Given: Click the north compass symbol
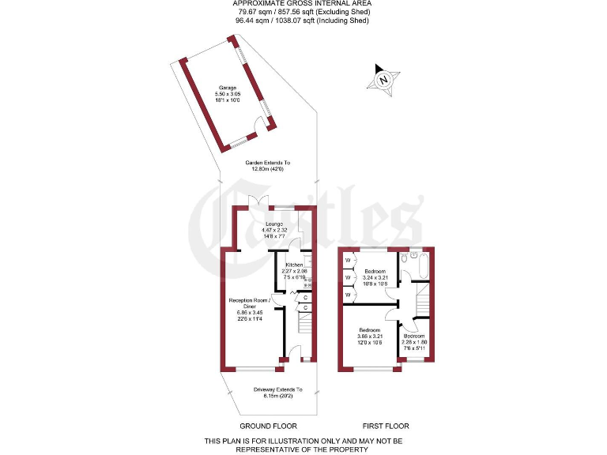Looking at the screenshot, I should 383,79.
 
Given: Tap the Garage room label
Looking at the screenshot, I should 228,88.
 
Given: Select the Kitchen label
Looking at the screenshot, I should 294,265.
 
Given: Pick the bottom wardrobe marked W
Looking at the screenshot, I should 347,294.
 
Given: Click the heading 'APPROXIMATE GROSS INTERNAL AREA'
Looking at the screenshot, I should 304,4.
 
